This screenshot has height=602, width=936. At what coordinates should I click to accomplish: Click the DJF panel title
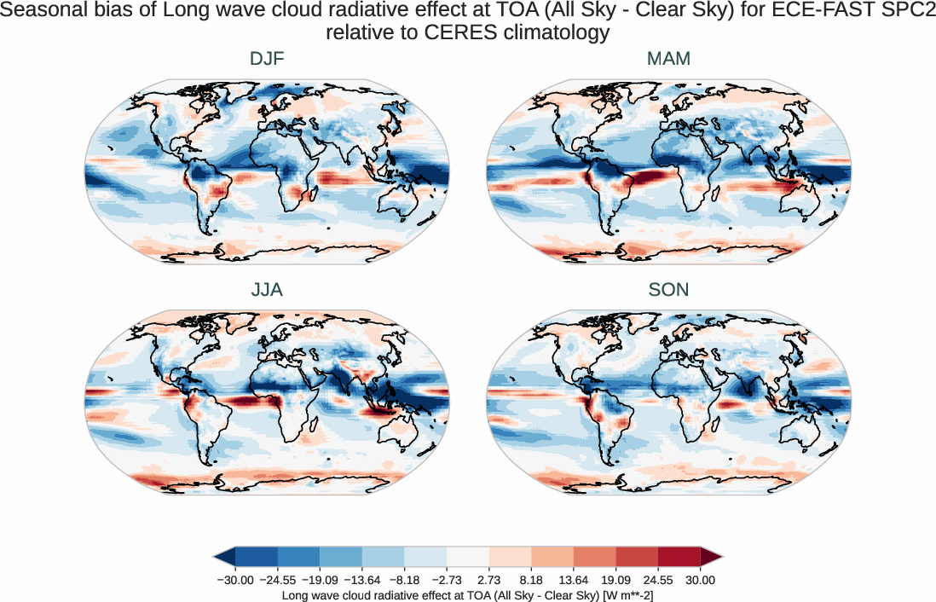click(267, 60)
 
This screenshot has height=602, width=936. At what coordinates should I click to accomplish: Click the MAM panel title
click(668, 60)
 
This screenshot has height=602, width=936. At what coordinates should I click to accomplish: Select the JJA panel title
click(267, 290)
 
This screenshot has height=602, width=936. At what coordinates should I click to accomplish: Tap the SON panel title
click(668, 290)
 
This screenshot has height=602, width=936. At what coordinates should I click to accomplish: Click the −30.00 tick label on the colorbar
click(235, 580)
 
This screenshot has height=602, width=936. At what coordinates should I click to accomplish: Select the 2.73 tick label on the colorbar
click(489, 580)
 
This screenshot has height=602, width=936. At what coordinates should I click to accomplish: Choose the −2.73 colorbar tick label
click(447, 580)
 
